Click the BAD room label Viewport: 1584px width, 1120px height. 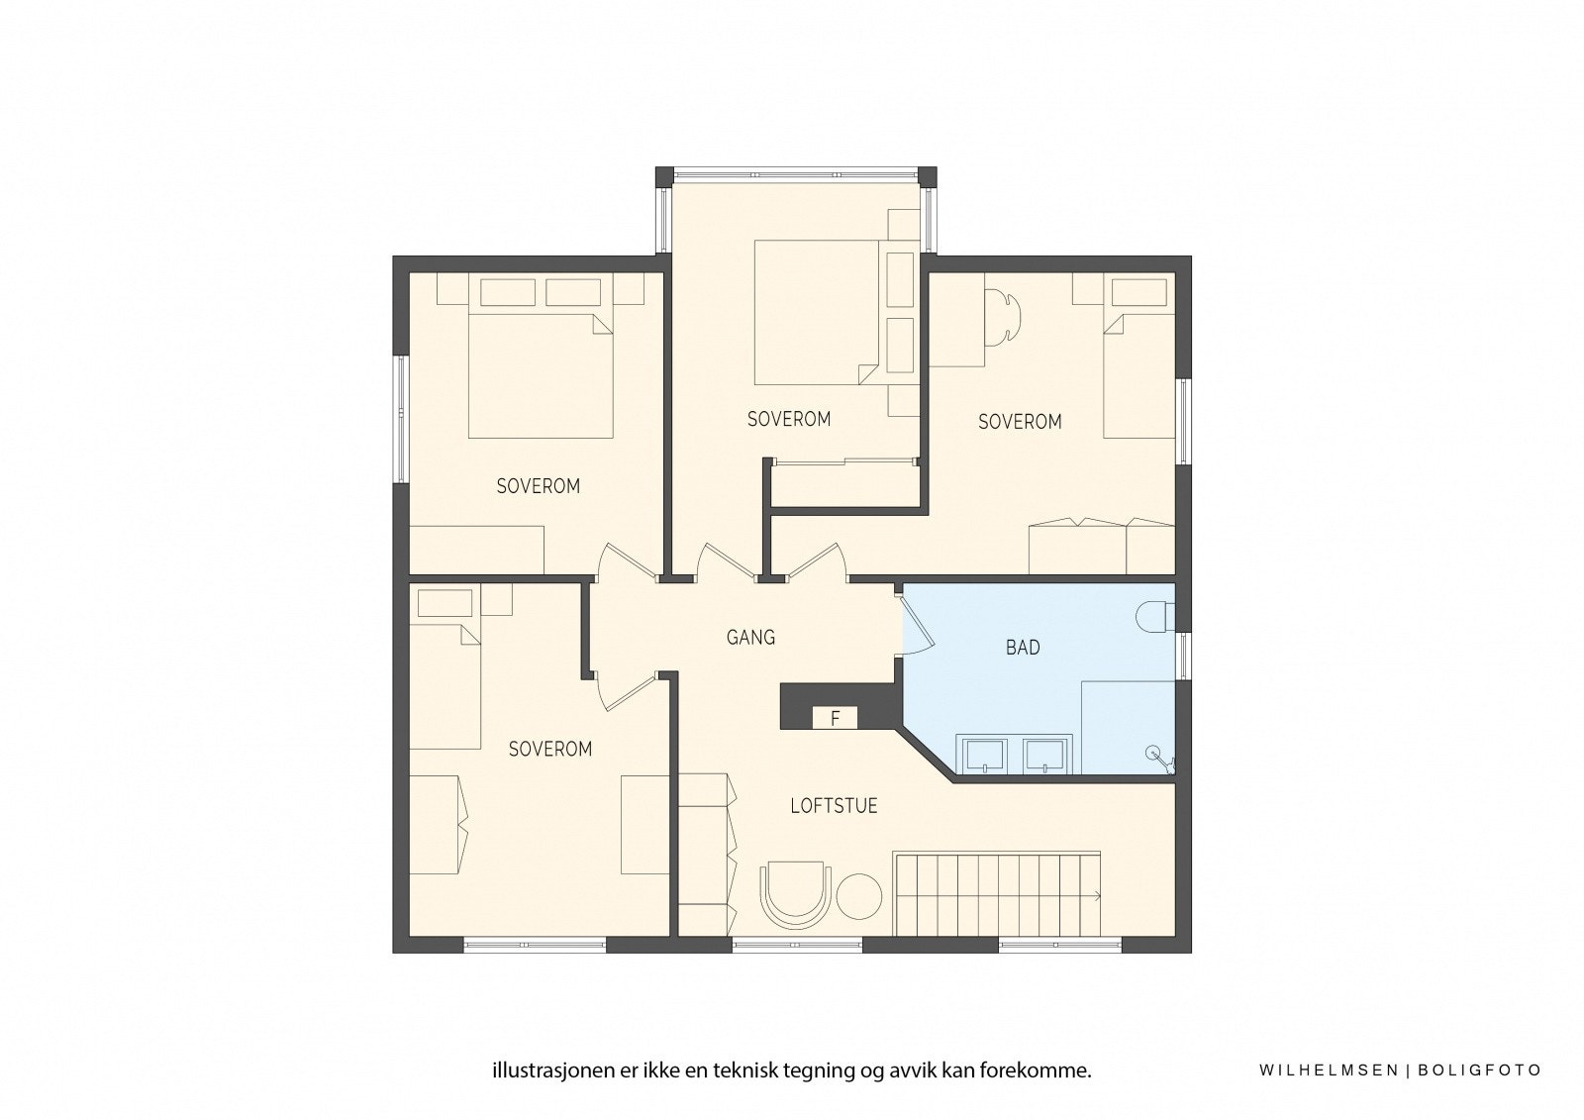tap(1023, 648)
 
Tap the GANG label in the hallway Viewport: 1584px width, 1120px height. tap(750, 638)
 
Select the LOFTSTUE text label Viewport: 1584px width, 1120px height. tap(834, 806)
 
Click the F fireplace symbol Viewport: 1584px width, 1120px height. tap(835, 718)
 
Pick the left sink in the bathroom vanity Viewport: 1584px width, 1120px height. tap(984, 754)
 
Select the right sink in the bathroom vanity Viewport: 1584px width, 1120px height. tap(1047, 754)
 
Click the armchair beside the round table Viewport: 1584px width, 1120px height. tap(796, 893)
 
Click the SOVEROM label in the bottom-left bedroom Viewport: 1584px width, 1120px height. tap(550, 750)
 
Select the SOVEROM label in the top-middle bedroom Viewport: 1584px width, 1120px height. tap(789, 419)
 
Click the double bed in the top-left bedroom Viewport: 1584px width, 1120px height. tap(541, 374)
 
